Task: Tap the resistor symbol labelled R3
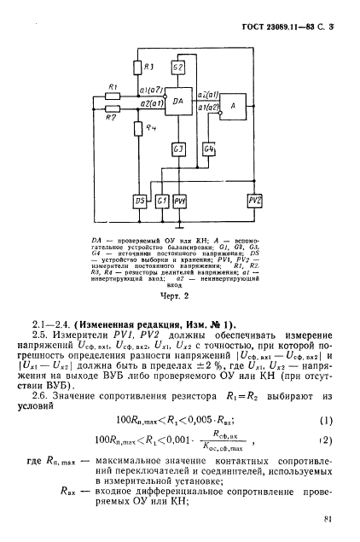pyautogui.click(x=147, y=67)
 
